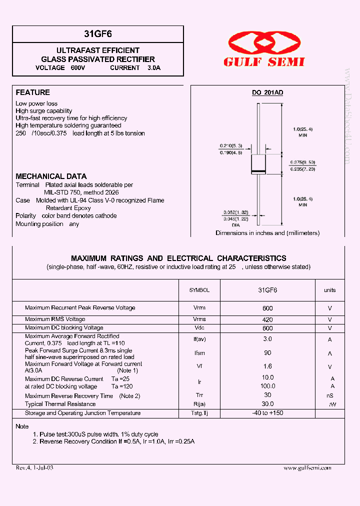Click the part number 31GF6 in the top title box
(98, 34)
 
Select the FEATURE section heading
(33, 92)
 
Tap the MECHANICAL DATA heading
(51, 176)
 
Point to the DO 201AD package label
(267, 92)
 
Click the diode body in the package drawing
(258, 163)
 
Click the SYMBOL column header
(199, 290)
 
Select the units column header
(330, 290)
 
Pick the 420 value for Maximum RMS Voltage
(267, 319)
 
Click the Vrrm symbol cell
(199, 308)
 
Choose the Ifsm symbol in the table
(199, 353)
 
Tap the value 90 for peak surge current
(267, 353)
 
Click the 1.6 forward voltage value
(267, 366)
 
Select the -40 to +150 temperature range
(267, 413)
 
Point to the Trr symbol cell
(199, 395)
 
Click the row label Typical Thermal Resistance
(60, 404)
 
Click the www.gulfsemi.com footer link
(307, 468)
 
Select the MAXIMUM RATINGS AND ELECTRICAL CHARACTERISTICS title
(178, 258)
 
